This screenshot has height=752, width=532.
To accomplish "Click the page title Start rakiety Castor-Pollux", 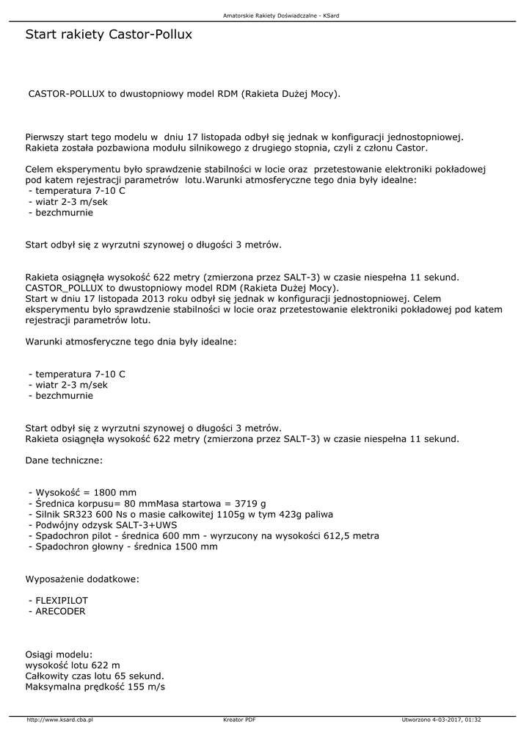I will coord(109,35).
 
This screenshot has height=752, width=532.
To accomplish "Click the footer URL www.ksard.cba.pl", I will coord(60,720).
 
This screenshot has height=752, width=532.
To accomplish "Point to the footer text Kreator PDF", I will coord(238,720).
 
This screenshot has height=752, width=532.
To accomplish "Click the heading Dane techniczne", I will coord(65,460).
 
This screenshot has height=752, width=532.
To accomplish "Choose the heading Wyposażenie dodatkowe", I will coord(82,579).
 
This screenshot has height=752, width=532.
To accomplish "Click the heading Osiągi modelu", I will coord(59,654).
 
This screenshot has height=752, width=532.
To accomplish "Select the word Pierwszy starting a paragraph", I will coord(45,137).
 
